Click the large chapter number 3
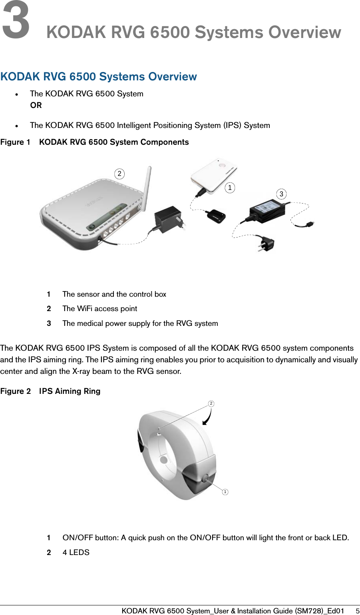click(x=16, y=19)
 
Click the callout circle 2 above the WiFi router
click(x=119, y=174)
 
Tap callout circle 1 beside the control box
click(x=230, y=188)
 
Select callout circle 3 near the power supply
click(x=281, y=194)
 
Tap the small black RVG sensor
click(x=216, y=215)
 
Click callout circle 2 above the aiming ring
click(x=211, y=403)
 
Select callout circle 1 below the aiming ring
click(x=225, y=491)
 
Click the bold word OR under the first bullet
click(x=36, y=105)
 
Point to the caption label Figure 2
click(x=16, y=391)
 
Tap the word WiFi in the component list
click(x=84, y=309)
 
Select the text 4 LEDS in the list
click(x=76, y=552)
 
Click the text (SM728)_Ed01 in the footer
click(x=319, y=611)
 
